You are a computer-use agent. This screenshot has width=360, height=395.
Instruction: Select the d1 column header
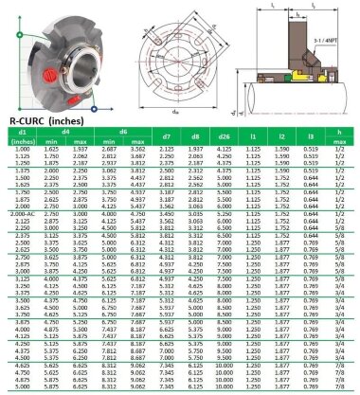pos(22,131)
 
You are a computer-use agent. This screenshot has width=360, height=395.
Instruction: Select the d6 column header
pos(124,131)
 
